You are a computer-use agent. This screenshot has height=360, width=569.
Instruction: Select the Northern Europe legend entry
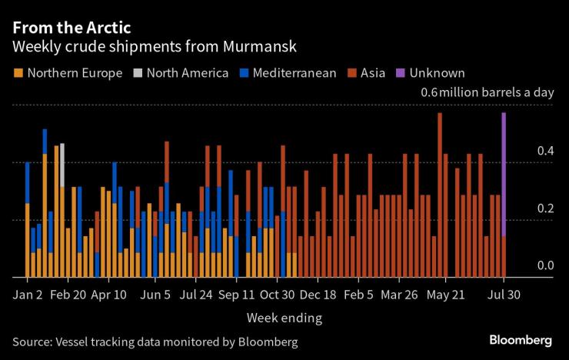(68, 74)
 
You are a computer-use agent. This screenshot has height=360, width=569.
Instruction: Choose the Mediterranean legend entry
(288, 74)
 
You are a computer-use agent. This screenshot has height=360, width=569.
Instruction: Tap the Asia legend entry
(368, 74)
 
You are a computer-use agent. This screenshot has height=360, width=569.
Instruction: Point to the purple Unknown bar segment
(504, 173)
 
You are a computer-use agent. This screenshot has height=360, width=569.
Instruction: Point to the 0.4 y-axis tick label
(545, 151)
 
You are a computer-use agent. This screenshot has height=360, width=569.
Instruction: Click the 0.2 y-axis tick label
(545, 208)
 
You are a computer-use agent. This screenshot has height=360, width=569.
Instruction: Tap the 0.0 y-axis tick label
(545, 265)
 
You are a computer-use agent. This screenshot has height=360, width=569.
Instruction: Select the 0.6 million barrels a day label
(487, 93)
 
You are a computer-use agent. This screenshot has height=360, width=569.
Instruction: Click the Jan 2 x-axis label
(28, 295)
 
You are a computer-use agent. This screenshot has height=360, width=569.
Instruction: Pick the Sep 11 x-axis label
(237, 295)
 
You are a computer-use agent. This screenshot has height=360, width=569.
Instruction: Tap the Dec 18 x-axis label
(318, 295)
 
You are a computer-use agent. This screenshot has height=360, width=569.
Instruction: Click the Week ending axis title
(284, 317)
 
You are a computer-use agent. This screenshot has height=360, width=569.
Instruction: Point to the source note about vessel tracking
(155, 341)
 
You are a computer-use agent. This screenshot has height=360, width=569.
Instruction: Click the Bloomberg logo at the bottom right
(521, 340)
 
